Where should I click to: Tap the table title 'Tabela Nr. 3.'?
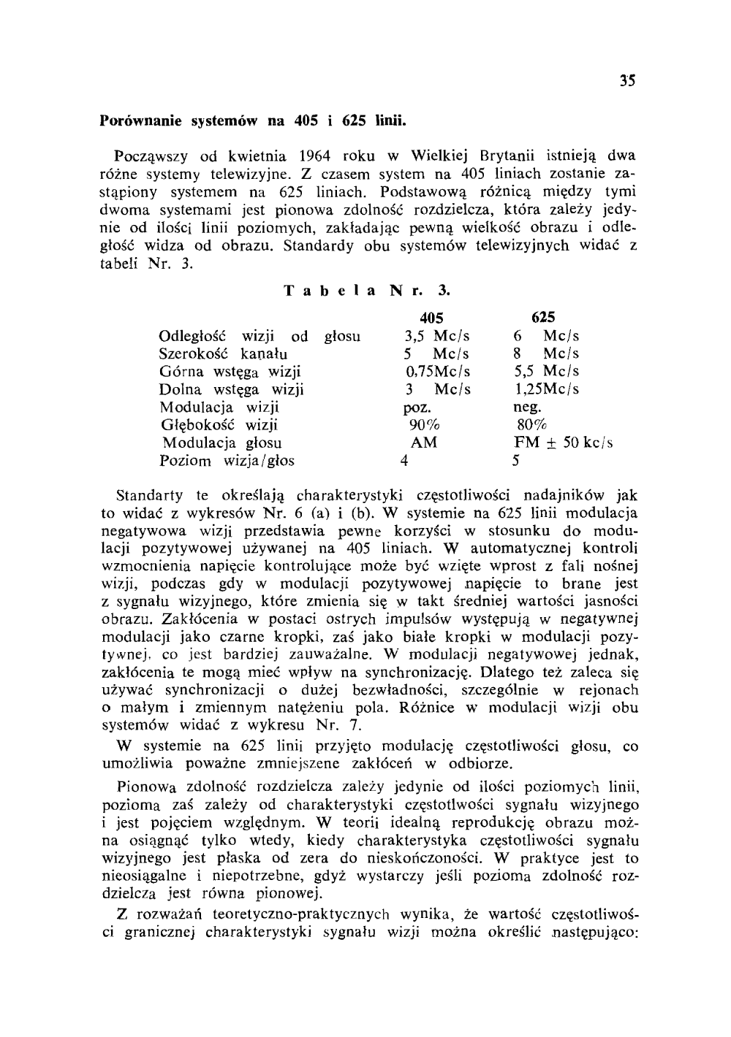pos(366,291)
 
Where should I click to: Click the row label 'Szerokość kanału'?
pos(223,354)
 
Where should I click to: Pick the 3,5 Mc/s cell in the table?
pos(437,336)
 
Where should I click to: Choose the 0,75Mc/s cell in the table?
pos(438,372)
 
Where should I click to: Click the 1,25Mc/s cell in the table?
pos(547,389)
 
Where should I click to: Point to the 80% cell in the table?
pos(532,425)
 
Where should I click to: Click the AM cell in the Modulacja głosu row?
pos(424,443)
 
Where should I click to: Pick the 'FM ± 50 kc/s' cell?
pos(564,443)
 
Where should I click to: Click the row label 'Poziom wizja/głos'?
pos(227,462)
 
